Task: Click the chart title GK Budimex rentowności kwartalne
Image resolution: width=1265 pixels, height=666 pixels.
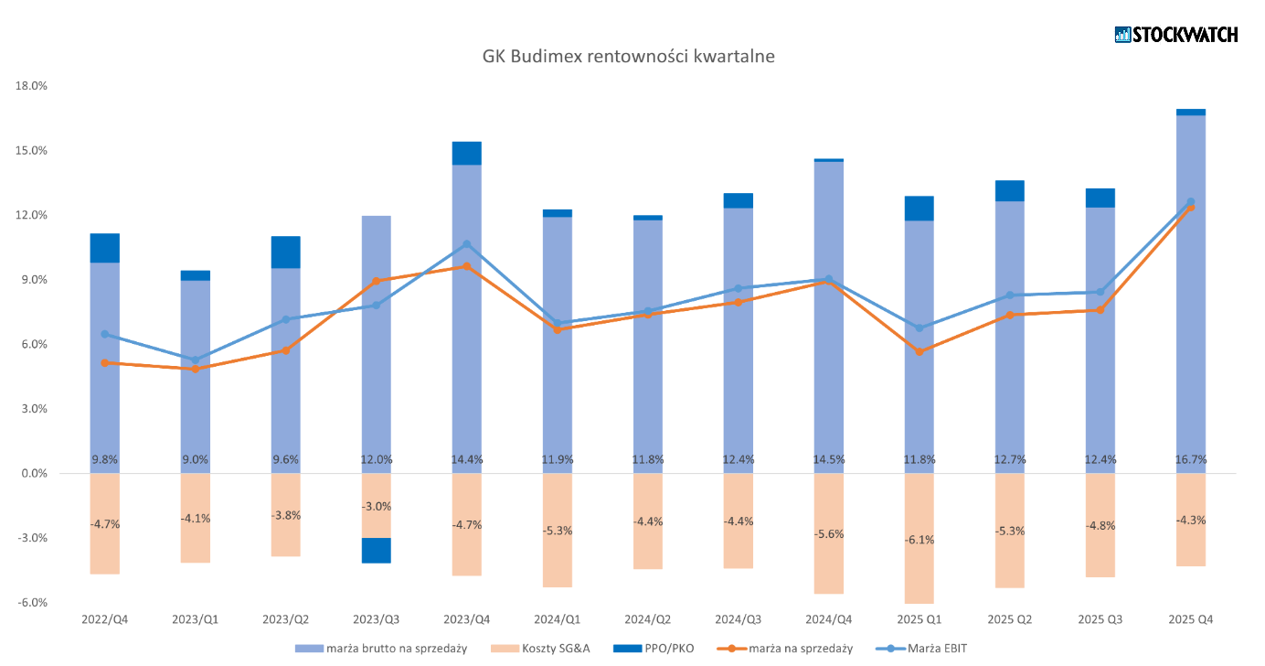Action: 628,56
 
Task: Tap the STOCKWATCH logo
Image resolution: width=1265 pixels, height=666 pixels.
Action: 1176,35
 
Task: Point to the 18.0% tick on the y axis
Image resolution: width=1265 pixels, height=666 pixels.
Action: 31,86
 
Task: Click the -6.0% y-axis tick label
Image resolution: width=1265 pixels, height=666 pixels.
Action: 32,603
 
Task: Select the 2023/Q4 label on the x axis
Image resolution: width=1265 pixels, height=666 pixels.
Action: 466,619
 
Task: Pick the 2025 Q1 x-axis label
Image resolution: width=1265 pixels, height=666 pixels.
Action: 919,619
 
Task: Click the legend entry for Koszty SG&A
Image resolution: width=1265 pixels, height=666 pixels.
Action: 540,649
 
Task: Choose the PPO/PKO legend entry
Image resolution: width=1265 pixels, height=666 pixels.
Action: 654,649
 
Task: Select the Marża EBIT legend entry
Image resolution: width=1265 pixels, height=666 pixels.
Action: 921,649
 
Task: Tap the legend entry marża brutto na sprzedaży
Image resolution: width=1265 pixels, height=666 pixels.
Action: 381,649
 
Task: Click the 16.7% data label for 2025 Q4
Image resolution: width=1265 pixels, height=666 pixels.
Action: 1190,459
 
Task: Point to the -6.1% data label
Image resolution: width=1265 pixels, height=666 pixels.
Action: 919,540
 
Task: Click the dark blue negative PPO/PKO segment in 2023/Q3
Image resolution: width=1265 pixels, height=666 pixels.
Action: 376,550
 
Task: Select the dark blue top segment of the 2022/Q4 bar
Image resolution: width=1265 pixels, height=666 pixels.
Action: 104,248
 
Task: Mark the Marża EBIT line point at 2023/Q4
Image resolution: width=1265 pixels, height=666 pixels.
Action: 466,244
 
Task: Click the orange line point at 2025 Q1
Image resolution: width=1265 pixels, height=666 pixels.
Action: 919,351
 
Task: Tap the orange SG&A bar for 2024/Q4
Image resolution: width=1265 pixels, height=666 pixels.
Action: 828,533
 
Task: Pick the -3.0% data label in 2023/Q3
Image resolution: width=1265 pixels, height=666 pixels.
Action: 376,507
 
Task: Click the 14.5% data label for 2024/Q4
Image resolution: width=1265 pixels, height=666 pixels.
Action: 828,459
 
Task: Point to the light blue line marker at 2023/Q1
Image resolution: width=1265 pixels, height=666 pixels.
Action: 196,360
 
